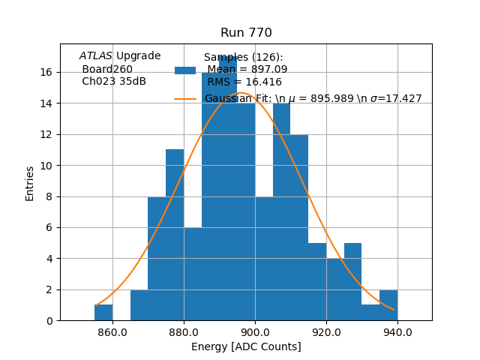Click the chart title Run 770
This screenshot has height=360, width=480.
[246, 33]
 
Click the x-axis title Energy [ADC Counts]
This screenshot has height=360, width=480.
[246, 346]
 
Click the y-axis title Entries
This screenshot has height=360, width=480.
[30, 183]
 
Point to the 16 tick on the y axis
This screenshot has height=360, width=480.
[46, 72]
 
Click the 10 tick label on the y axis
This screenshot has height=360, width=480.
[46, 165]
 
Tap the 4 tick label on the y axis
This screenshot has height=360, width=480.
[49, 259]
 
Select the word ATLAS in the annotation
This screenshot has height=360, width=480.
[96, 56]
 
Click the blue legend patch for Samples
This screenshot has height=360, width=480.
[185, 70]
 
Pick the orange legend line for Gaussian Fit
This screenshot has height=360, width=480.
[185, 98]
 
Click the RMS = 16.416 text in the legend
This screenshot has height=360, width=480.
[244, 82]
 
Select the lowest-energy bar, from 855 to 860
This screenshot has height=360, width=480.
[103, 312]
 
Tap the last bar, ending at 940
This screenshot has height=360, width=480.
[388, 305]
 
